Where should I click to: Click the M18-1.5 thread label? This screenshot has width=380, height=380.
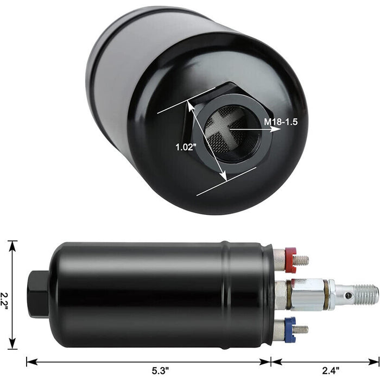coord(281,122)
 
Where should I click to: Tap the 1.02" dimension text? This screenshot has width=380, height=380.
coord(186,147)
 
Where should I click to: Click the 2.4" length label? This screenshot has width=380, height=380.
coord(330,371)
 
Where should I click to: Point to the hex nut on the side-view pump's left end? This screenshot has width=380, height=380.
coord(37,294)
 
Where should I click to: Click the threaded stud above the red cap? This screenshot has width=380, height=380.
coord(302,261)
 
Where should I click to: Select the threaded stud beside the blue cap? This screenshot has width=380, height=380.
coord(302,329)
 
